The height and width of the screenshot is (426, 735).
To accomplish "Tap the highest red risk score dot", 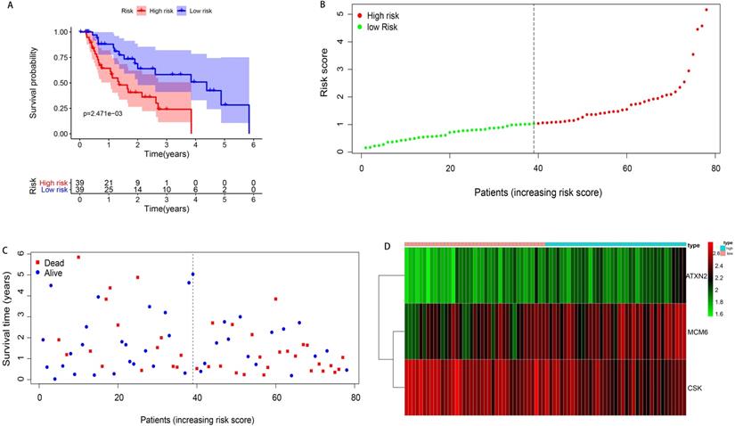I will tap(706, 10).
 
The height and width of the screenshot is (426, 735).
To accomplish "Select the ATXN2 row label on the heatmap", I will tap(698, 277).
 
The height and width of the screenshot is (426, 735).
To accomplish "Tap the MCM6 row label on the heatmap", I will tap(698, 332).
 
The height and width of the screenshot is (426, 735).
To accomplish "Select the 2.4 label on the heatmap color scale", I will tap(715, 265).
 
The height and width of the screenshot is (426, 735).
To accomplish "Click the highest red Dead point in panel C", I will tap(78, 258).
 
